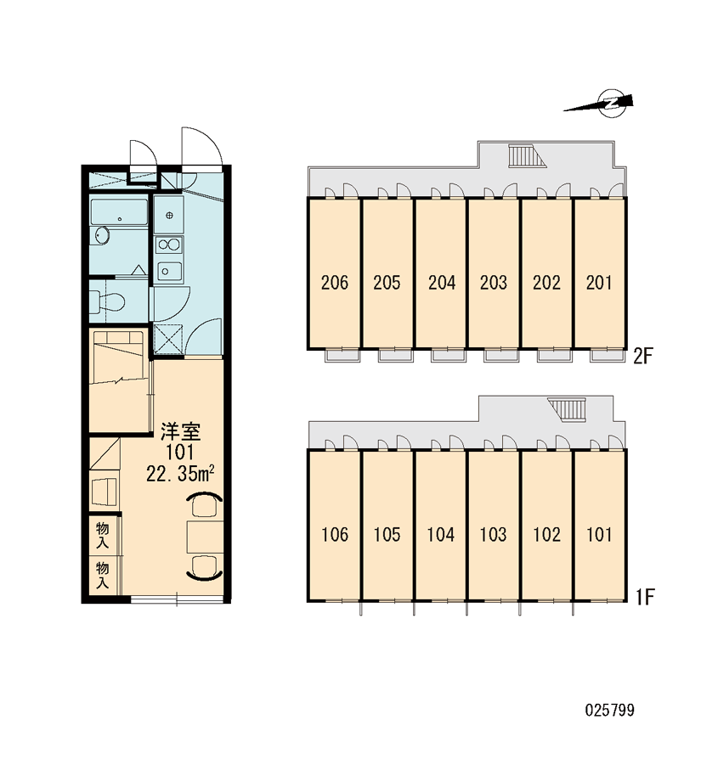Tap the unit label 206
point(335,283)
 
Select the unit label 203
point(494,283)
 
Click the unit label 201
point(599,283)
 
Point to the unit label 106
point(335,535)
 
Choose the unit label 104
point(441,535)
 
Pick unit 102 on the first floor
point(546,535)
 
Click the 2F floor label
point(643,357)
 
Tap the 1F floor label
point(644,597)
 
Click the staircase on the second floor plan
point(523,156)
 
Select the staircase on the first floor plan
point(567,409)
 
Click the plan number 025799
point(610,710)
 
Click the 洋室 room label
point(181,430)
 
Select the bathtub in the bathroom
point(119,212)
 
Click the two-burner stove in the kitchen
point(169,245)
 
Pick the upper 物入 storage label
point(103,535)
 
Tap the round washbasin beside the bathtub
point(101,236)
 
